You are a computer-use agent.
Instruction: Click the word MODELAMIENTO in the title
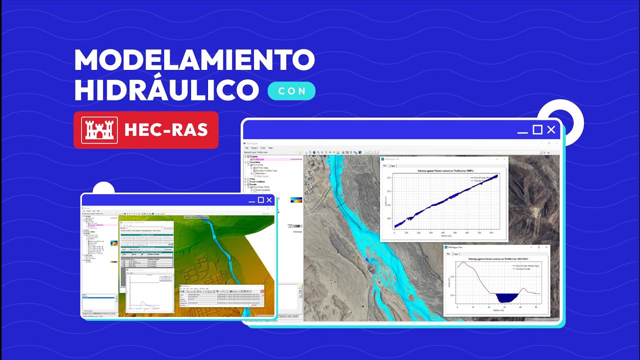click(x=194, y=60)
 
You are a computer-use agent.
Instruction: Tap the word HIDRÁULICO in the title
click(x=166, y=90)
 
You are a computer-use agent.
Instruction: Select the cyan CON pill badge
click(x=291, y=91)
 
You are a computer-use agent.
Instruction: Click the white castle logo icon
click(x=99, y=130)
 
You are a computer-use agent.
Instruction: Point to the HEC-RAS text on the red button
click(x=165, y=130)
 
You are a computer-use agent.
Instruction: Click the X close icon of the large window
click(x=551, y=130)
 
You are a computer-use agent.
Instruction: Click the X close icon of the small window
click(x=269, y=200)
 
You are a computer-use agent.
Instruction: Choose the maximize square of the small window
click(x=260, y=200)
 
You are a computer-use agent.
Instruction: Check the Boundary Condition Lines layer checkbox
click(x=254, y=170)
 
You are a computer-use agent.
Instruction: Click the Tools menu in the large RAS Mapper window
click(x=262, y=148)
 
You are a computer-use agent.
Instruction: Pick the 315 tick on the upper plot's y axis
click(x=389, y=177)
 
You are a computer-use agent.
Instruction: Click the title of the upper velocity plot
click(x=444, y=171)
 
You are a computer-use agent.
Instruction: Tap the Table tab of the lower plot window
click(x=456, y=254)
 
